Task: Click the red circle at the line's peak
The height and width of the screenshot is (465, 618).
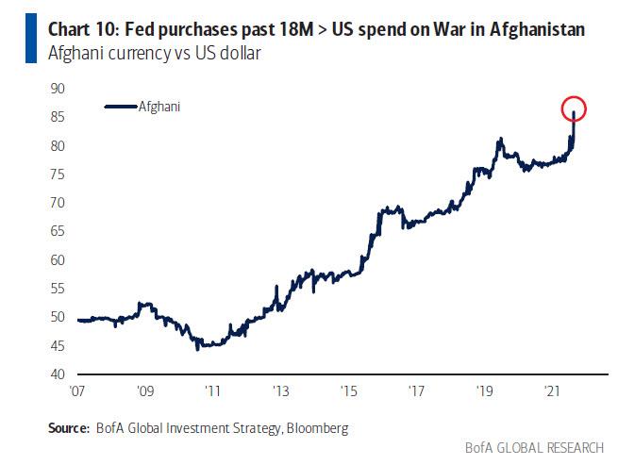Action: [x=574, y=109]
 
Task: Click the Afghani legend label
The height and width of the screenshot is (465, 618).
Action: [x=159, y=107]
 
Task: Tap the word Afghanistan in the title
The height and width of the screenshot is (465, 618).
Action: [x=530, y=30]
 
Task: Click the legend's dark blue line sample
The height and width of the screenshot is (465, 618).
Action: [x=120, y=108]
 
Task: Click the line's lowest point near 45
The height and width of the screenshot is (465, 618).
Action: [x=197, y=349]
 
